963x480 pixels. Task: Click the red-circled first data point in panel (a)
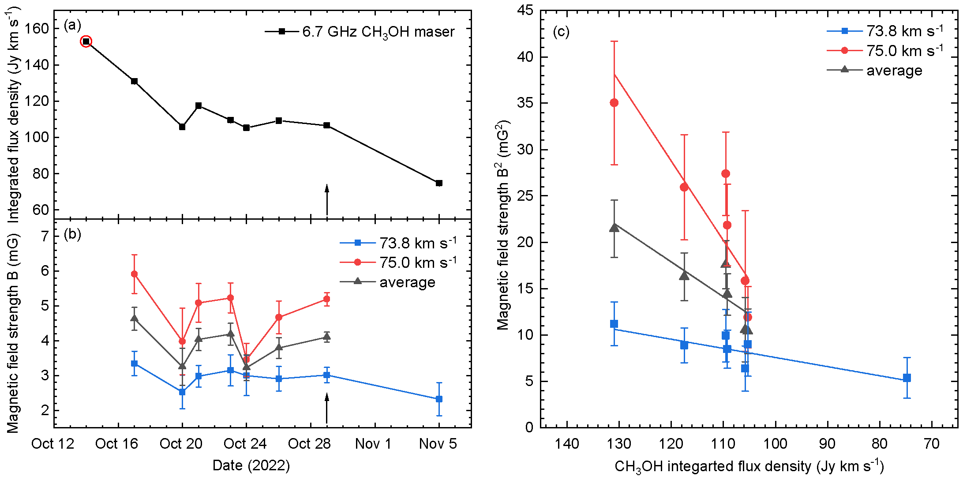[x=86, y=41]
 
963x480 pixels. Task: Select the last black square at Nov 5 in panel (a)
[x=439, y=183]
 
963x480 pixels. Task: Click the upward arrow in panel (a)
[x=327, y=199]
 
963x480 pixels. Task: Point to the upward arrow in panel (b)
[x=327, y=408]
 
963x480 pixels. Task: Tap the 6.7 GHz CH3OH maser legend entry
[x=360, y=32]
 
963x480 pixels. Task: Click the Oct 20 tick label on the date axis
[x=181, y=444]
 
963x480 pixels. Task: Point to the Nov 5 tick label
[x=438, y=444]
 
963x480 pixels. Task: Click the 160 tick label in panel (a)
[x=36, y=29]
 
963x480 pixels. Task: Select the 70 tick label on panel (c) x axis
[x=932, y=443]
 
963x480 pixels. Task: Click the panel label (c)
[x=561, y=32]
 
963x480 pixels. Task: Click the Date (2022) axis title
[x=251, y=465]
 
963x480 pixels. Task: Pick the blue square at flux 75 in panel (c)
[x=907, y=378]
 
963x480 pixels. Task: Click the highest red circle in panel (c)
[x=614, y=103]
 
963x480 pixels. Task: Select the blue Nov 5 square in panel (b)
[x=439, y=399]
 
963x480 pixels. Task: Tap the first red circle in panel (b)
[x=135, y=274]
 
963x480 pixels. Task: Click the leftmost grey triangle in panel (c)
[x=614, y=228]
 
